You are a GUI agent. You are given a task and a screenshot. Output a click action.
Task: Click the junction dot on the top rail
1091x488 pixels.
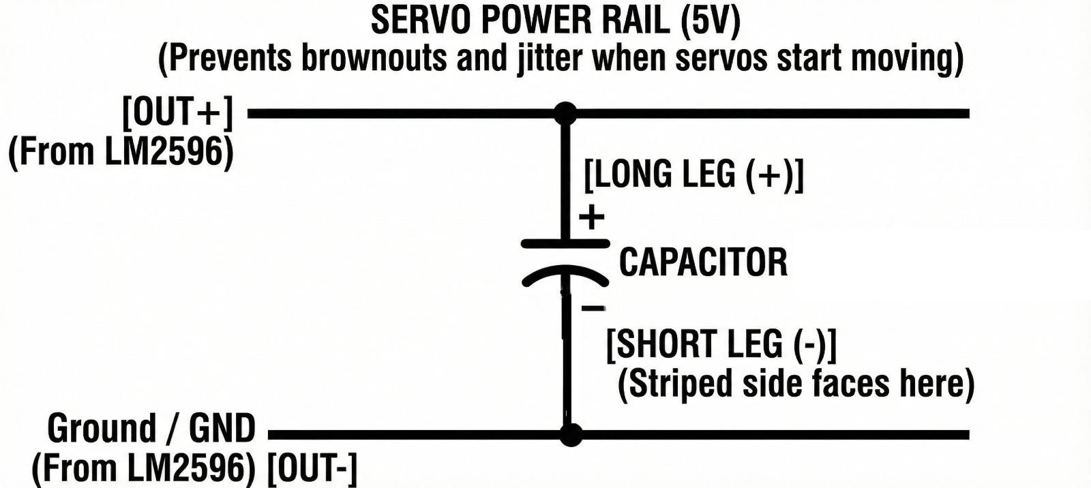click(565, 113)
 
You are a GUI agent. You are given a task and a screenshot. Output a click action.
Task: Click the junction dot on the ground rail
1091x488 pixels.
click(571, 434)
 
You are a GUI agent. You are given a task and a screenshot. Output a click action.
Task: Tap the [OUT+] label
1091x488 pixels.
click(177, 113)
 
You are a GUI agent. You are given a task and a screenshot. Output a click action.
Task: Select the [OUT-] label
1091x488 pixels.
click(312, 468)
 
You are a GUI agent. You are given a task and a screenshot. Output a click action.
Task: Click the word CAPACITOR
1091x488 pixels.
click(702, 262)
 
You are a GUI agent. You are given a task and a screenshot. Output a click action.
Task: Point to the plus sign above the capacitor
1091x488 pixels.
click(592, 217)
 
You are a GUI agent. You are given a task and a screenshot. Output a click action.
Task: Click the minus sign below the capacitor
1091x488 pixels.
click(593, 309)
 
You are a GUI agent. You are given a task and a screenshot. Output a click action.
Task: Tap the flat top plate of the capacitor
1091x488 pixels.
click(565, 243)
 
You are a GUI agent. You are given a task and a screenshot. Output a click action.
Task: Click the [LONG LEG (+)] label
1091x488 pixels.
click(693, 174)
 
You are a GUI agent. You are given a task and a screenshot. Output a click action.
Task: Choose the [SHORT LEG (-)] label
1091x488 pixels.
click(721, 344)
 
